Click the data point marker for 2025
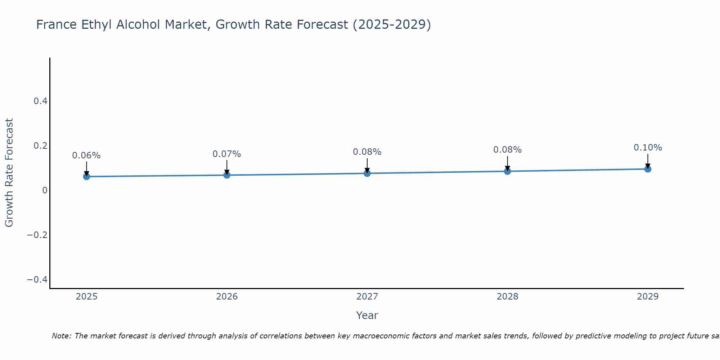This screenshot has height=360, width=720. pyautogui.click(x=86, y=176)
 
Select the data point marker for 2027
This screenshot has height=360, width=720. pyautogui.click(x=367, y=173)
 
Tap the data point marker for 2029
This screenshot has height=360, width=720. pyautogui.click(x=648, y=169)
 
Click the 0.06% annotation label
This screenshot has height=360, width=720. pyautogui.click(x=86, y=156)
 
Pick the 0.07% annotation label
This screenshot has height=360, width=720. pyautogui.click(x=226, y=154)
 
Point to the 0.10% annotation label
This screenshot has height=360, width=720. pyautogui.click(x=648, y=148)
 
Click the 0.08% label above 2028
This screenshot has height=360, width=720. pyautogui.click(x=507, y=150)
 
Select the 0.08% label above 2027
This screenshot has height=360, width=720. pyautogui.click(x=367, y=152)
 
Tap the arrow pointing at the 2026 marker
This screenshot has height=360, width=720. pyautogui.click(x=227, y=167)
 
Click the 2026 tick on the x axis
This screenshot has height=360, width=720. pyautogui.click(x=227, y=297)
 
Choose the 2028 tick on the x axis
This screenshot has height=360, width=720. pyautogui.click(x=507, y=297)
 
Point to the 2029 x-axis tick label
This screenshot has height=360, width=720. pyautogui.click(x=648, y=297)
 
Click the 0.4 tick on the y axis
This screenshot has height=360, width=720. pyautogui.click(x=41, y=101)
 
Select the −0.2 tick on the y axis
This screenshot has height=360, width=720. pyautogui.click(x=37, y=235)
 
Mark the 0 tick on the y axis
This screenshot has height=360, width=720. pyautogui.click(x=45, y=190)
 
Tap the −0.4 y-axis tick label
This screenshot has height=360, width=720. pyautogui.click(x=37, y=280)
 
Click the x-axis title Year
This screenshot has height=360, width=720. pyautogui.click(x=367, y=315)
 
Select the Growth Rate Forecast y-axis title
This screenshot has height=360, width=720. pyautogui.click(x=9, y=173)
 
